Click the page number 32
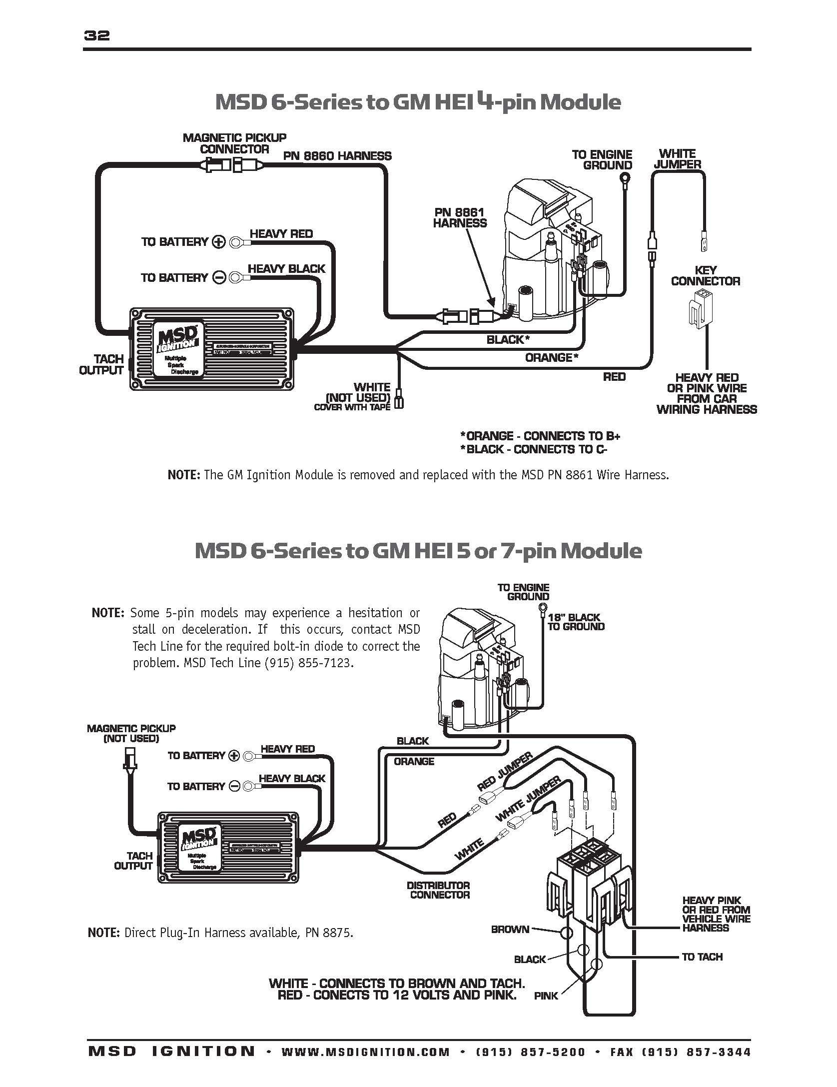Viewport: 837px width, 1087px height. [x=97, y=36]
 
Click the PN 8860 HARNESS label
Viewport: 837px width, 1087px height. [x=337, y=156]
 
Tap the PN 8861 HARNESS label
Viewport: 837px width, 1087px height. [x=459, y=218]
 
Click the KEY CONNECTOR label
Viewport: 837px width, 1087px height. [x=705, y=276]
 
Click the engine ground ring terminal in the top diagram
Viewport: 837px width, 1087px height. [x=624, y=178]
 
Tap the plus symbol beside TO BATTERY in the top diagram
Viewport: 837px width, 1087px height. [x=219, y=242]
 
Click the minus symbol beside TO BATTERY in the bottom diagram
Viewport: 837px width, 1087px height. [x=234, y=786]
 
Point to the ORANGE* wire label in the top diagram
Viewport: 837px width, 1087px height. [x=551, y=357]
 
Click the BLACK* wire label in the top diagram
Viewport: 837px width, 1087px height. [x=508, y=340]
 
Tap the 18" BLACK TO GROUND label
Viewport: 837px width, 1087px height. [x=576, y=622]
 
